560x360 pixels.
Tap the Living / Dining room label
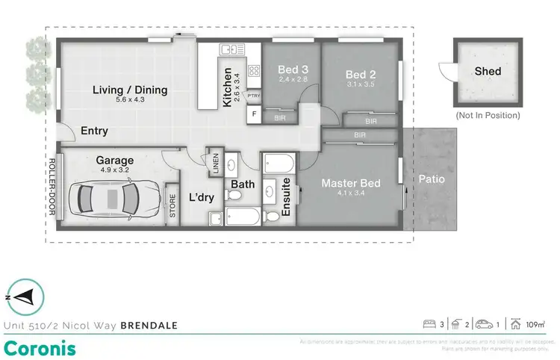click(x=130, y=90)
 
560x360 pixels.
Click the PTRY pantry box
click(x=253, y=96)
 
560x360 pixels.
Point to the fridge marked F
click(x=254, y=115)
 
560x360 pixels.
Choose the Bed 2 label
click(x=360, y=75)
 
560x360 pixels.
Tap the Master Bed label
click(x=351, y=183)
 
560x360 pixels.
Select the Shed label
click(x=488, y=72)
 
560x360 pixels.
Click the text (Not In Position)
click(x=488, y=116)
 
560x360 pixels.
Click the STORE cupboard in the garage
click(x=172, y=205)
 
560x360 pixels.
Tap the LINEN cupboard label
click(x=215, y=164)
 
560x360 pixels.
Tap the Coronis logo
click(x=39, y=347)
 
